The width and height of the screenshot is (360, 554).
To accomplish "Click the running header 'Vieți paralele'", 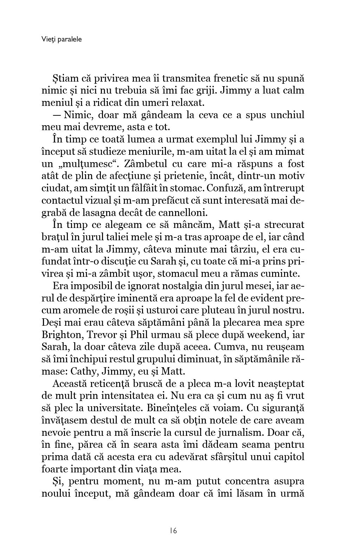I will click(x=62, y=39).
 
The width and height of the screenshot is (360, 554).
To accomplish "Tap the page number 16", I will click(x=173, y=530).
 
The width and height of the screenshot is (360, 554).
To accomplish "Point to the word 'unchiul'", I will click(x=287, y=115).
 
